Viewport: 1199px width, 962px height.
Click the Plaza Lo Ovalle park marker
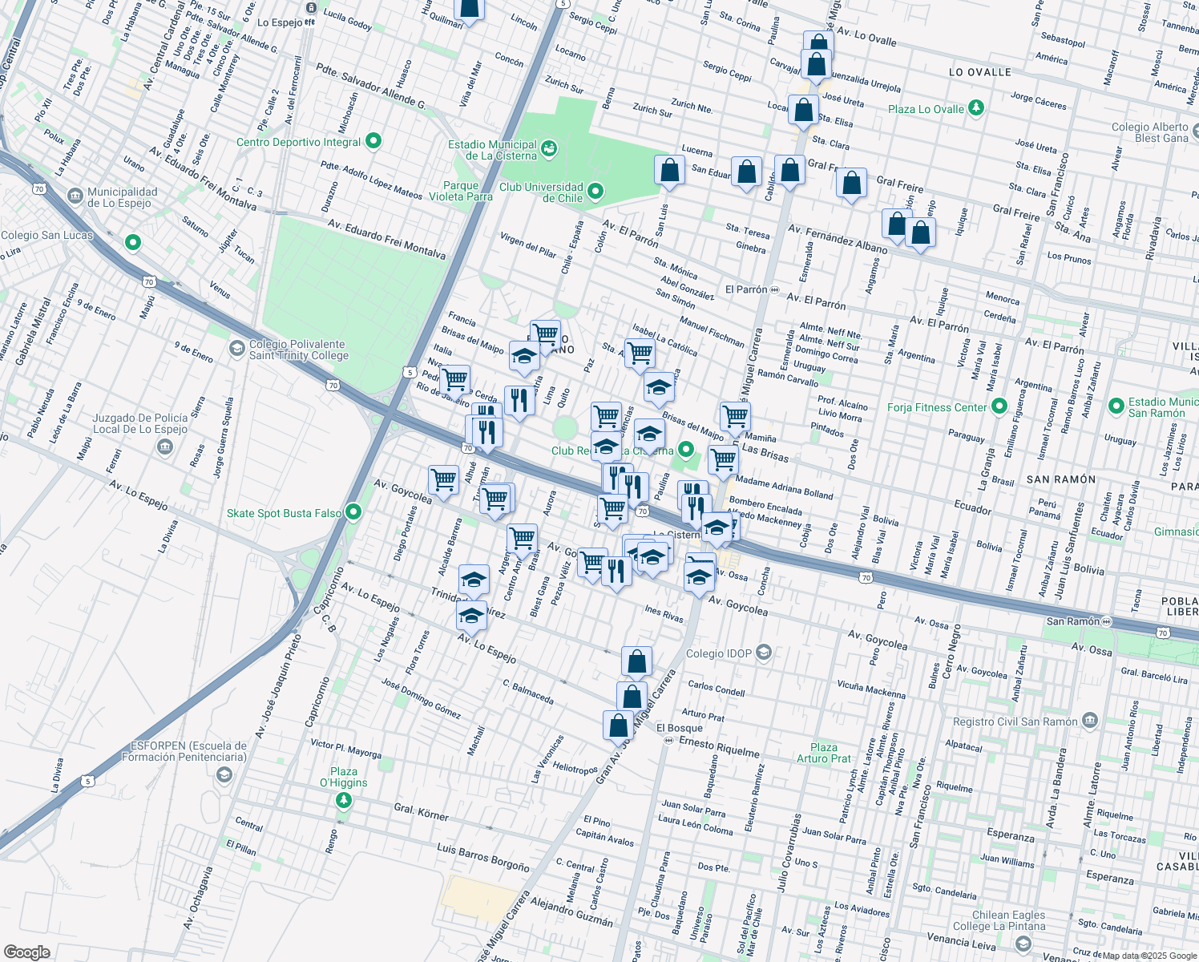(975, 108)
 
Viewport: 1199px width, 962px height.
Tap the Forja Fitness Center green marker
(999, 407)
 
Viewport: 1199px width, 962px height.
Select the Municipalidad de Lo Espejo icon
(75, 196)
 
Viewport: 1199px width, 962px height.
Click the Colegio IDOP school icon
(764, 653)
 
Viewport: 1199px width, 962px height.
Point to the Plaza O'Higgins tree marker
(344, 800)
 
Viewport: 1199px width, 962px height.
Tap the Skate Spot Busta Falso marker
(353, 512)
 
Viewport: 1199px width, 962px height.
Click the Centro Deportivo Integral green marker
(373, 142)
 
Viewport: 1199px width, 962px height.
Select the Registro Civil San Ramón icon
(1089, 721)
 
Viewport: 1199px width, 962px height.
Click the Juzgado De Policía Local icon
(164, 447)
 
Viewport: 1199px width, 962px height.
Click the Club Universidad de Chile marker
(595, 191)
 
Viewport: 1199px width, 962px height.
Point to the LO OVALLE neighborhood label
(979, 72)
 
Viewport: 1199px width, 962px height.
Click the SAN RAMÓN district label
(1060, 479)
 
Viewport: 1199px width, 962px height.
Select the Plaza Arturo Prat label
(823, 753)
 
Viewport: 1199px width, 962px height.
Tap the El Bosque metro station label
(679, 728)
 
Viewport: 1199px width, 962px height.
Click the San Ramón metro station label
(1073, 621)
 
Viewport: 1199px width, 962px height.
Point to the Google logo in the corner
(27, 952)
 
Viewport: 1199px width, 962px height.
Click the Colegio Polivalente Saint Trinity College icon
(236, 348)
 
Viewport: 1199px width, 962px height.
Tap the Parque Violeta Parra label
(461, 191)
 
